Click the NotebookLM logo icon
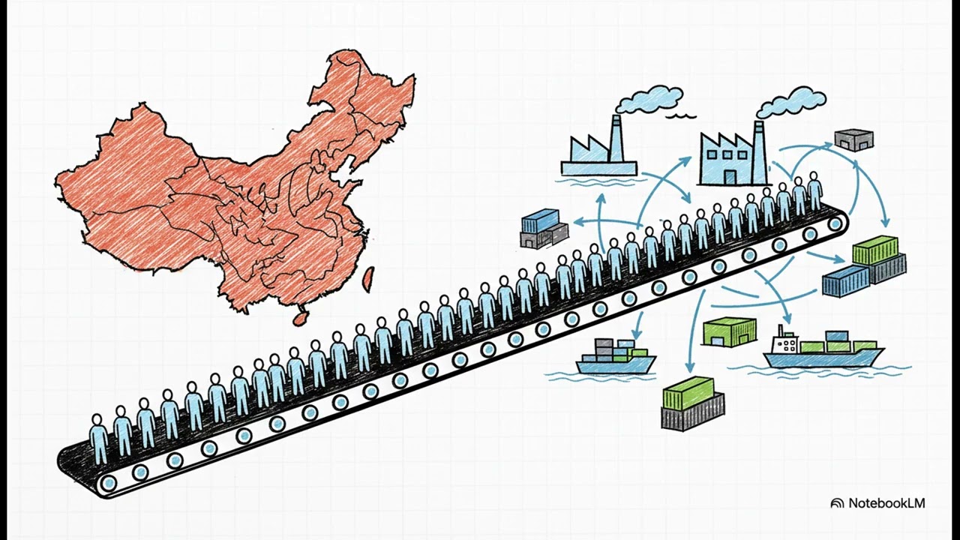[837, 503]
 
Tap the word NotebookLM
[886, 502]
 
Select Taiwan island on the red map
[368, 280]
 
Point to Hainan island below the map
[301, 317]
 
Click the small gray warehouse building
[853, 140]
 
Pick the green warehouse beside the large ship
[729, 331]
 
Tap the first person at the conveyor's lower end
[98, 439]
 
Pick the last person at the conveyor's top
[814, 190]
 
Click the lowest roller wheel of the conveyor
[107, 483]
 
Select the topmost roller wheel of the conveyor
[835, 223]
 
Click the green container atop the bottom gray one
[688, 393]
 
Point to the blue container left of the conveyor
[540, 220]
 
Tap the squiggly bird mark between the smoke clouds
[681, 115]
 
